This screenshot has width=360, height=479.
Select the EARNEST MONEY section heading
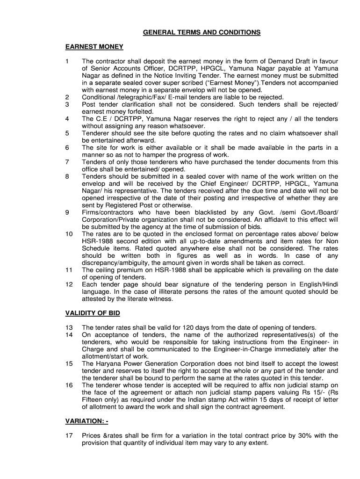tap(94, 47)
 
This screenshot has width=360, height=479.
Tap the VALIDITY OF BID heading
tap(95, 313)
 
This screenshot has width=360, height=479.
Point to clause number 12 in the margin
tap(69, 284)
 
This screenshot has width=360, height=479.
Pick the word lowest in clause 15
tap(328, 363)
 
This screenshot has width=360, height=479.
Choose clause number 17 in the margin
tap(69, 435)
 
